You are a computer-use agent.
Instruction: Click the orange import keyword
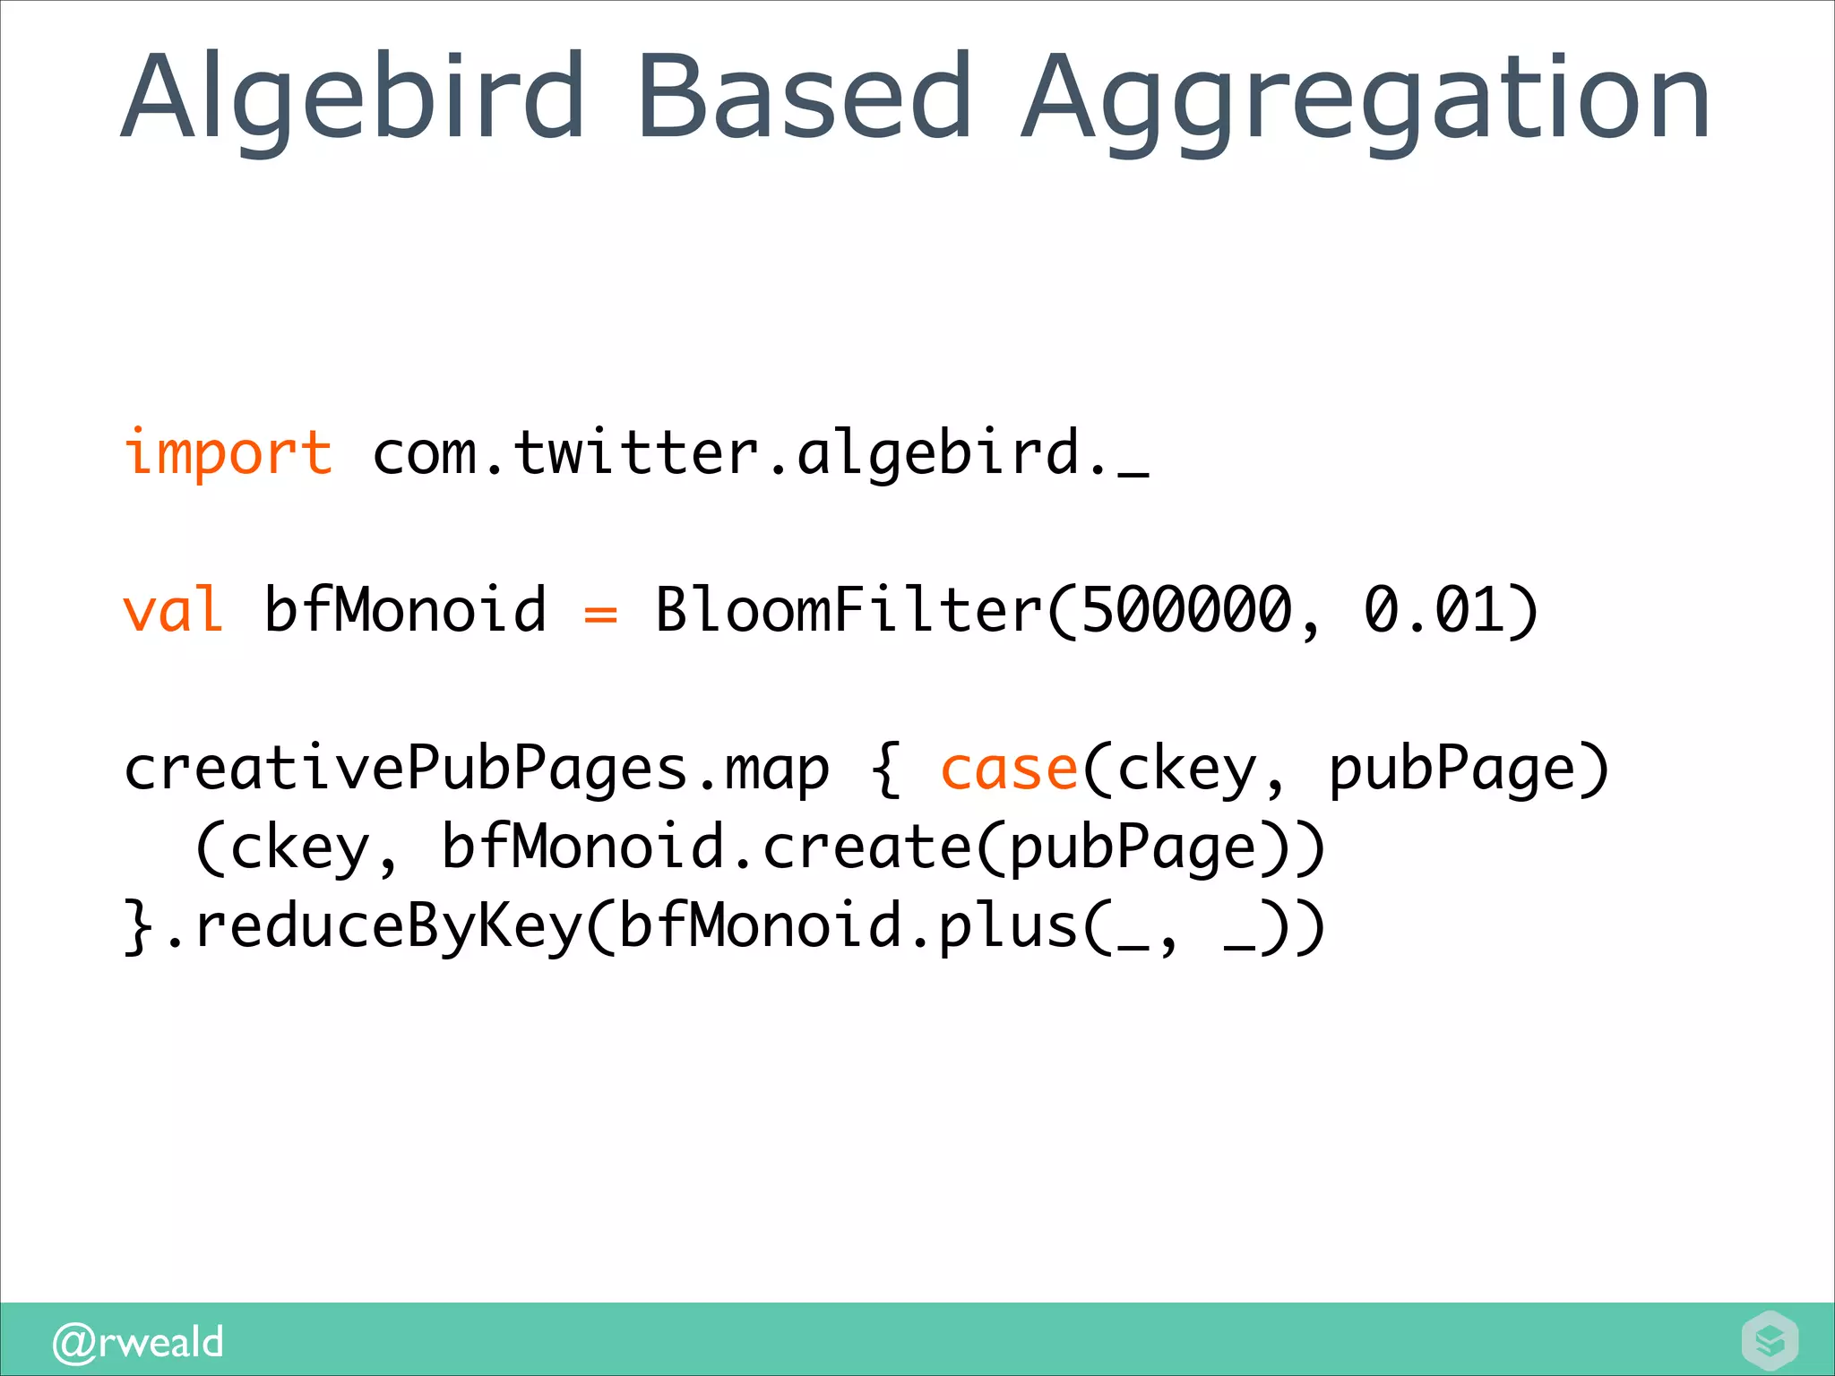pos(228,452)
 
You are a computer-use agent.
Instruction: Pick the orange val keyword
pos(173,610)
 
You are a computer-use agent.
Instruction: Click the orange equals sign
pos(600,615)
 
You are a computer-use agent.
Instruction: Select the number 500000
pos(1186,610)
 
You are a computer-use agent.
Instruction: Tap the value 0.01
pos(1434,610)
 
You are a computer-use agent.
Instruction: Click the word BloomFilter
pos(849,610)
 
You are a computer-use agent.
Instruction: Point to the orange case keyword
pos(1008,770)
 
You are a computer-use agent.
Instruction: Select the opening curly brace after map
pos(885,770)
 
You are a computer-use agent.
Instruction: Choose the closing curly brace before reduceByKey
pos(139,927)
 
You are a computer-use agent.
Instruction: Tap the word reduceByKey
pos(389,927)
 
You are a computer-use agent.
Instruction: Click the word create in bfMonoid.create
pos(866,847)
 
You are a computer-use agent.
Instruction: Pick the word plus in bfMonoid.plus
pos(1007,927)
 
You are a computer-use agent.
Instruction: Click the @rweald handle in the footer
pos(138,1342)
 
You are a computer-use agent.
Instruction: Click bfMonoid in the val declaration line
pos(405,610)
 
